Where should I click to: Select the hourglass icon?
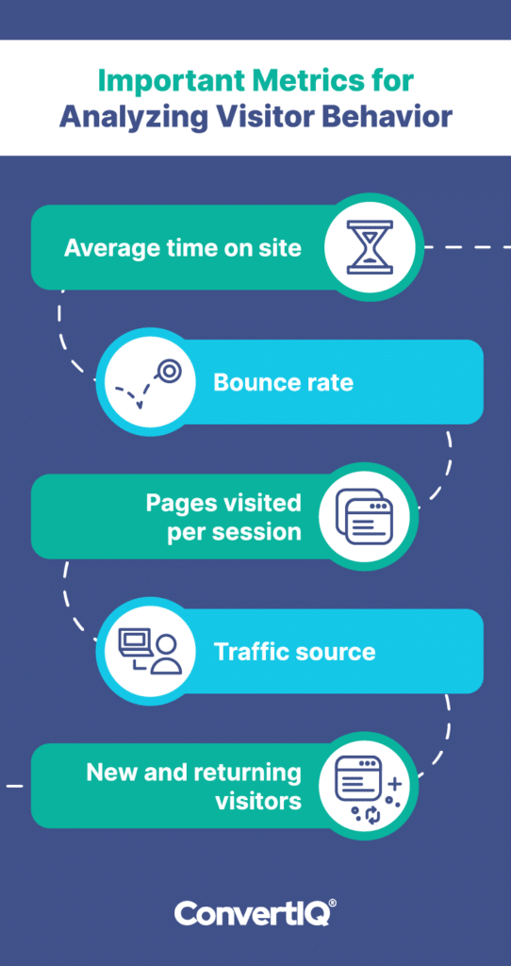tap(370, 248)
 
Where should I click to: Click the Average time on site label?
tap(183, 248)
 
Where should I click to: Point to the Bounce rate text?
tap(283, 382)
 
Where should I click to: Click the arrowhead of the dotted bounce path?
tap(140, 405)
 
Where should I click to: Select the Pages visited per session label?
tap(223, 517)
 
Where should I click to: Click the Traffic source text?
tap(294, 651)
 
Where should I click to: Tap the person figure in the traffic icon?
tap(166, 656)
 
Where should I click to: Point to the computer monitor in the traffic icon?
tap(134, 641)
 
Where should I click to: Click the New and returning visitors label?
tap(194, 786)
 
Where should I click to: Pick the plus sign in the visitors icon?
tap(395, 784)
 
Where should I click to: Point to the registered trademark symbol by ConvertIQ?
tap(333, 904)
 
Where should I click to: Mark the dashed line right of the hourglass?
tap(468, 248)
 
